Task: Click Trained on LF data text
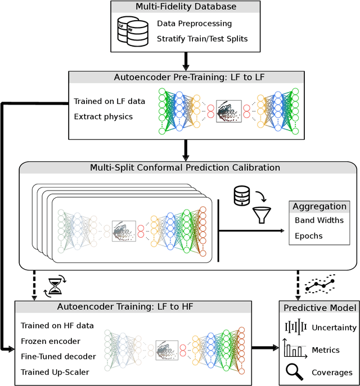tap(109, 101)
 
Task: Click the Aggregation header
tap(319, 206)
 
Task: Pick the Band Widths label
tap(319, 220)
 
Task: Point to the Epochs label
tap(308, 235)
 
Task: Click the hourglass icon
tap(55, 287)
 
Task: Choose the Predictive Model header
tap(319, 307)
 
